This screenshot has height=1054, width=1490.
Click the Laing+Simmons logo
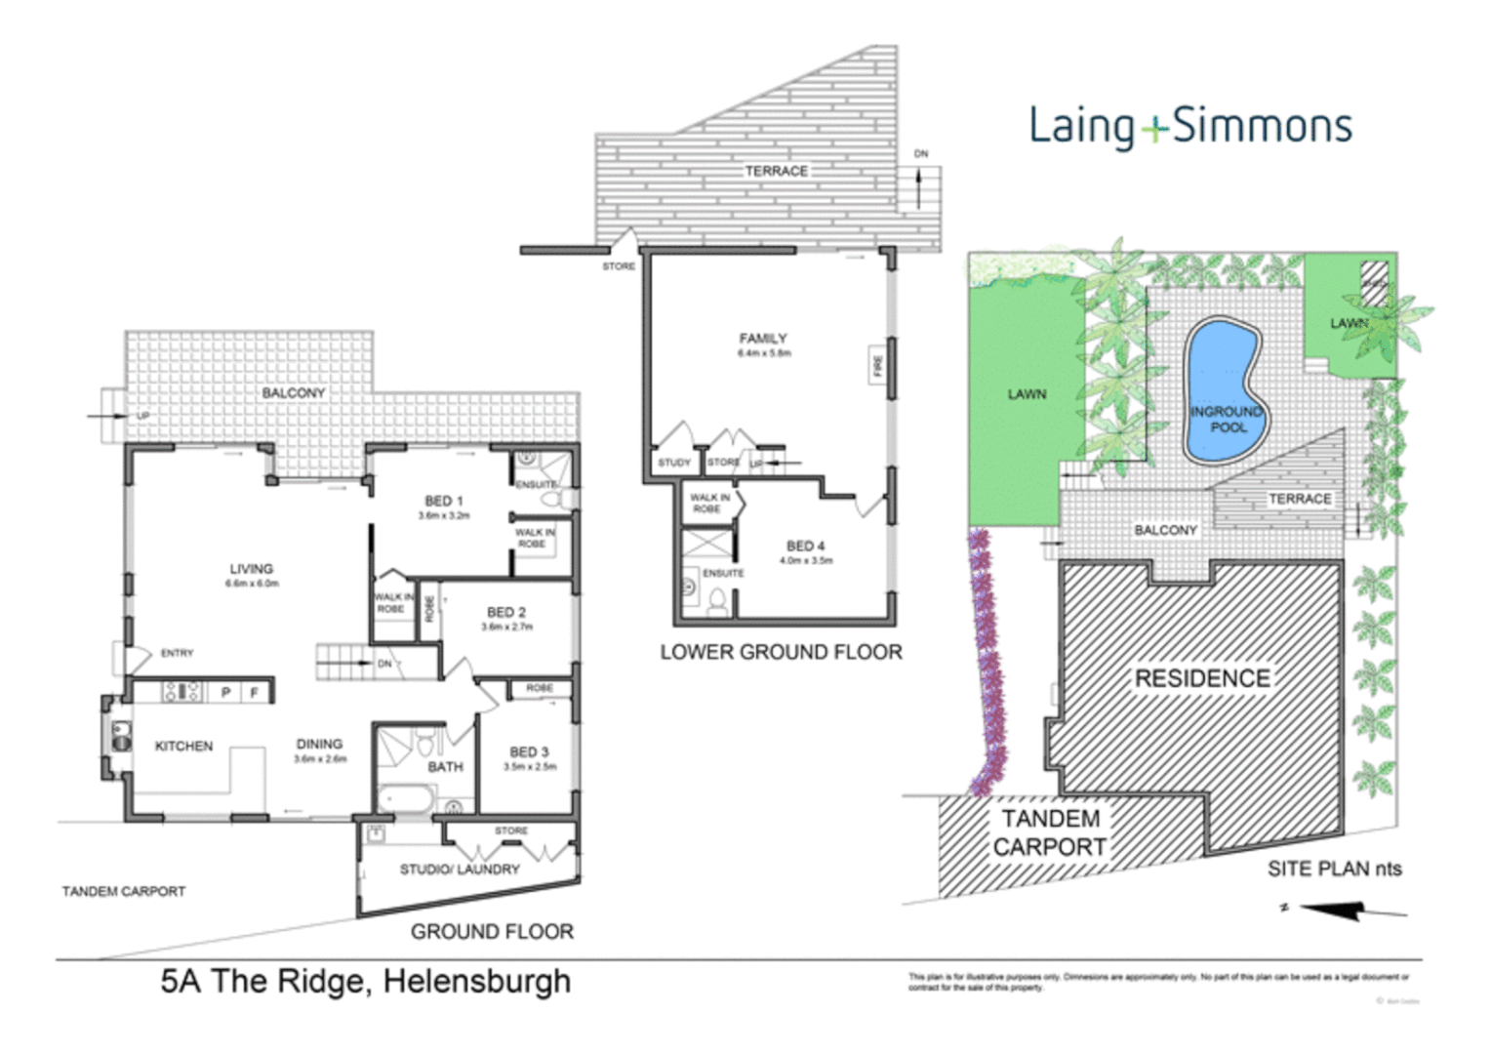(1189, 127)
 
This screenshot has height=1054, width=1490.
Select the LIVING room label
(251, 569)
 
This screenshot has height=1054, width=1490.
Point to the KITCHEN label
(183, 746)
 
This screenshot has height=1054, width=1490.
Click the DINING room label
(319, 744)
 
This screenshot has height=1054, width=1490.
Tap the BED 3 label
(529, 751)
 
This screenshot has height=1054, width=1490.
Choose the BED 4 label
(806, 547)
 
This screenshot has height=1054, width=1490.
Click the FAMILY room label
(763, 339)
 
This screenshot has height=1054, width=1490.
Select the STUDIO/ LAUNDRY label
(460, 869)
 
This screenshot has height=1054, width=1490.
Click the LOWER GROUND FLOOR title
(781, 652)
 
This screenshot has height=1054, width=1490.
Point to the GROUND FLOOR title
(492, 932)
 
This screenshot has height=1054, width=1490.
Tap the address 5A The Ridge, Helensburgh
(366, 981)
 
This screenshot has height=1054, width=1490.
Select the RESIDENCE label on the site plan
(1202, 679)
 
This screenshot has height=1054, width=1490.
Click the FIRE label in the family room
(878, 365)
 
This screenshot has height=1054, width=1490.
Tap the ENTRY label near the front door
(177, 653)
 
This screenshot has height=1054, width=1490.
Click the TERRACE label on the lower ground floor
(777, 171)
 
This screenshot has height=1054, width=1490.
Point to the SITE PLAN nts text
(1334, 869)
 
